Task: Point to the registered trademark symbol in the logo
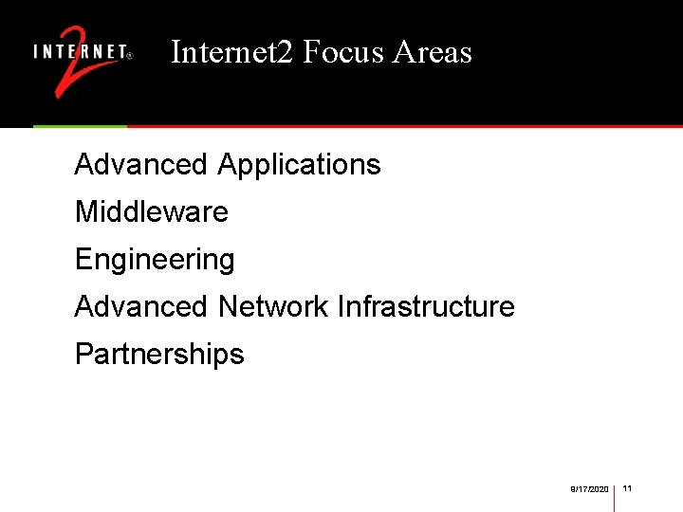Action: (130, 55)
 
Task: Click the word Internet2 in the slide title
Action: (232, 52)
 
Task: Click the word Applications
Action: (299, 165)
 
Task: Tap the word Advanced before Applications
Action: (140, 165)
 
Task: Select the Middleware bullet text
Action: (152, 211)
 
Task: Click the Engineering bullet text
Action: (155, 260)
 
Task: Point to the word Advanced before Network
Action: (140, 307)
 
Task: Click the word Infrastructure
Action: (426, 307)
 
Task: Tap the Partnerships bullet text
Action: (159, 355)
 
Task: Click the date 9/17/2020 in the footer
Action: (589, 489)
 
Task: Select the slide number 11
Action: (628, 488)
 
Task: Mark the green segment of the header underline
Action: (80, 126)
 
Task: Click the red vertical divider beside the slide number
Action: (615, 497)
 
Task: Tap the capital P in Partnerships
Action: (83, 355)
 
